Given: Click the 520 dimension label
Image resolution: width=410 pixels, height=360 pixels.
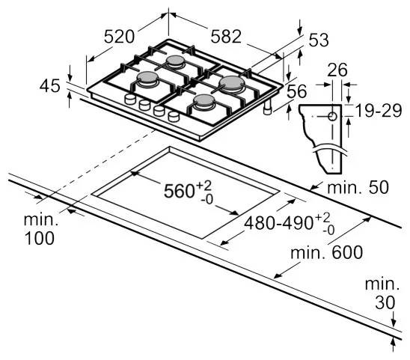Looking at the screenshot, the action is click(119, 37).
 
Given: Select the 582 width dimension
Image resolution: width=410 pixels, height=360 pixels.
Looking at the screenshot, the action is click(226, 37).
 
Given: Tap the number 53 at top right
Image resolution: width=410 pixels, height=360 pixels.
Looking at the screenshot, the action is click(318, 40).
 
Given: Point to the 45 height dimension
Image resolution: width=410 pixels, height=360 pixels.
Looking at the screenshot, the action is click(49, 85).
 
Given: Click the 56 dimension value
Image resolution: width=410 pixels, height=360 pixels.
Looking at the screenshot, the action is click(296, 91).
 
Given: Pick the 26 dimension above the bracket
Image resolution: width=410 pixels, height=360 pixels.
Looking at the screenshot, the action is click(337, 70).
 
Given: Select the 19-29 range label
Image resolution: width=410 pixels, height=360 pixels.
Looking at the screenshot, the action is click(379, 111).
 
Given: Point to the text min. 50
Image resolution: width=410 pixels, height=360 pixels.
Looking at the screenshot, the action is click(358, 187).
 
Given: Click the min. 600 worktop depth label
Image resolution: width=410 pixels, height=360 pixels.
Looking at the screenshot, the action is click(327, 252).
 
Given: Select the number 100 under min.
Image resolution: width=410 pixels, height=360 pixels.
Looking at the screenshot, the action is click(39, 238).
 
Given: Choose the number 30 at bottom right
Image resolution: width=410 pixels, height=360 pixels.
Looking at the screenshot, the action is click(385, 302).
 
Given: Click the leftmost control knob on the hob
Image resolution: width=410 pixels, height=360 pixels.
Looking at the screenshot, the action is click(130, 99).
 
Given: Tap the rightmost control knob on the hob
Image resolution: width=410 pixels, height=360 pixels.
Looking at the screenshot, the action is click(174, 116).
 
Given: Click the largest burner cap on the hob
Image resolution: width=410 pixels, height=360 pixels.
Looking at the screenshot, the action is click(232, 82).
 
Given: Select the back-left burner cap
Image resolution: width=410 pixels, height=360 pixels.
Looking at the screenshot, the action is click(176, 61).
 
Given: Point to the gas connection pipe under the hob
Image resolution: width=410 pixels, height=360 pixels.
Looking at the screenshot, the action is click(268, 108).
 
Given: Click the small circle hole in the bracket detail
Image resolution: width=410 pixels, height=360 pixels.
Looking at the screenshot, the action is click(332, 116).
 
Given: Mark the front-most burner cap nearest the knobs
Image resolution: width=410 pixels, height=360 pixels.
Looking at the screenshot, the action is click(204, 100).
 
